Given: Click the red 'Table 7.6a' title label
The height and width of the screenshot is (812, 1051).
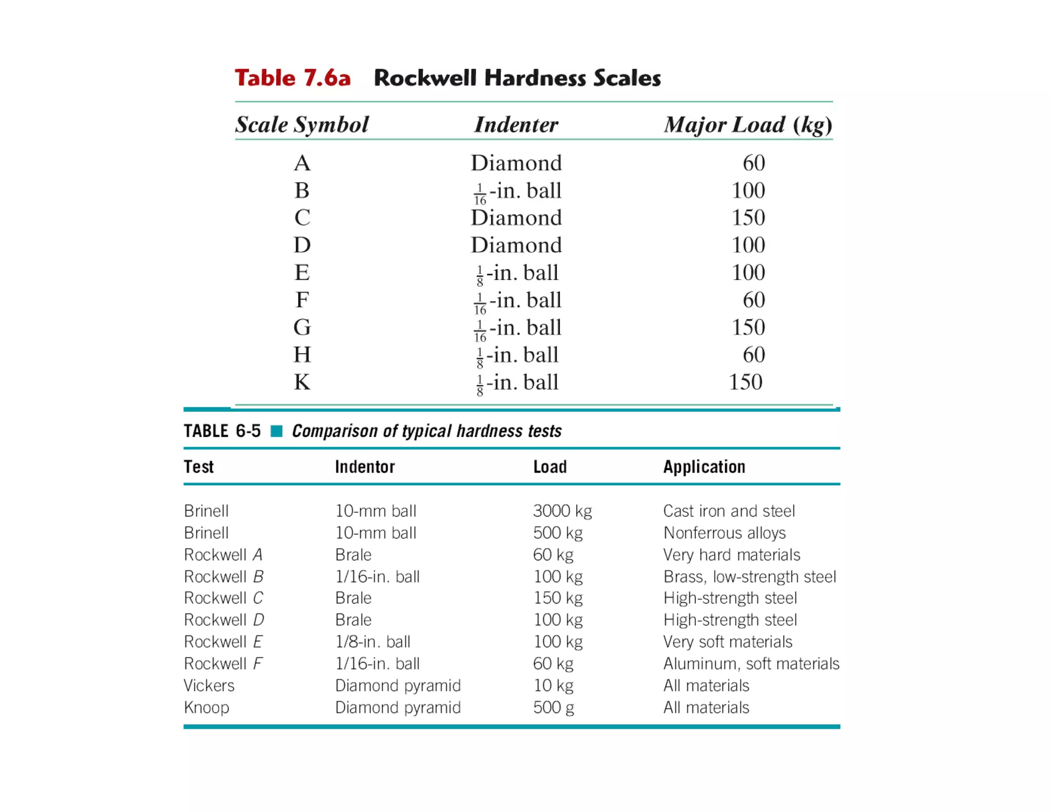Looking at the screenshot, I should pyautogui.click(x=293, y=78).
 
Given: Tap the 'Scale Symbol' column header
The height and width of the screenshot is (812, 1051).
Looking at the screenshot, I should pyautogui.click(x=302, y=125).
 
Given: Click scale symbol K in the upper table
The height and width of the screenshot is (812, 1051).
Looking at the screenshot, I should pyautogui.click(x=302, y=382).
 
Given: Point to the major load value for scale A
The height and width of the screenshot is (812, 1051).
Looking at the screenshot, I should pyautogui.click(x=753, y=163).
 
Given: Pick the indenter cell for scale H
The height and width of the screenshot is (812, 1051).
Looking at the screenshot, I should pyautogui.click(x=517, y=355).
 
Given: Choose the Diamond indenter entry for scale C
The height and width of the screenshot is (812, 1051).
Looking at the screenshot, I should pyautogui.click(x=516, y=218).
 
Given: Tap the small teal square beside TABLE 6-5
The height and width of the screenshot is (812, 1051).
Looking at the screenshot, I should pyautogui.click(x=277, y=431).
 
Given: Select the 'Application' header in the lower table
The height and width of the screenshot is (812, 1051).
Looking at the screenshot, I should pyautogui.click(x=704, y=467).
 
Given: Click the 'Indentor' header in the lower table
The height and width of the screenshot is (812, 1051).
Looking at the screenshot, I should pyautogui.click(x=365, y=467).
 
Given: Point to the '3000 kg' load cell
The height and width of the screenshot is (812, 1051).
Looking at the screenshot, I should pyautogui.click(x=562, y=511).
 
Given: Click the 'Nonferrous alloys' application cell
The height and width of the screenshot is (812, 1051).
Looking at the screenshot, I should pyautogui.click(x=724, y=533).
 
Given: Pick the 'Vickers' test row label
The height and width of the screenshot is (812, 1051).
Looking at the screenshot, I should pyautogui.click(x=209, y=685).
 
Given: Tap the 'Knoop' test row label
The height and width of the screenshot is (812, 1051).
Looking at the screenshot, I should pyautogui.click(x=206, y=707).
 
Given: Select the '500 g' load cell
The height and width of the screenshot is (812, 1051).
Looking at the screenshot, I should pyautogui.click(x=553, y=707).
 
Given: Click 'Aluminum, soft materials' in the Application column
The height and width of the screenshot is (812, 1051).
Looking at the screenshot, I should pyautogui.click(x=751, y=664).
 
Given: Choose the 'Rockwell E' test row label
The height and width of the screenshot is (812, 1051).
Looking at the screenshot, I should pyautogui.click(x=223, y=642).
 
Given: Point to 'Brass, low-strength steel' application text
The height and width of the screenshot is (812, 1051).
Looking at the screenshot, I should pyautogui.click(x=749, y=576).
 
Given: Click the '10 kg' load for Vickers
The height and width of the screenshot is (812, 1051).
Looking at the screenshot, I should pyautogui.click(x=553, y=685).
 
